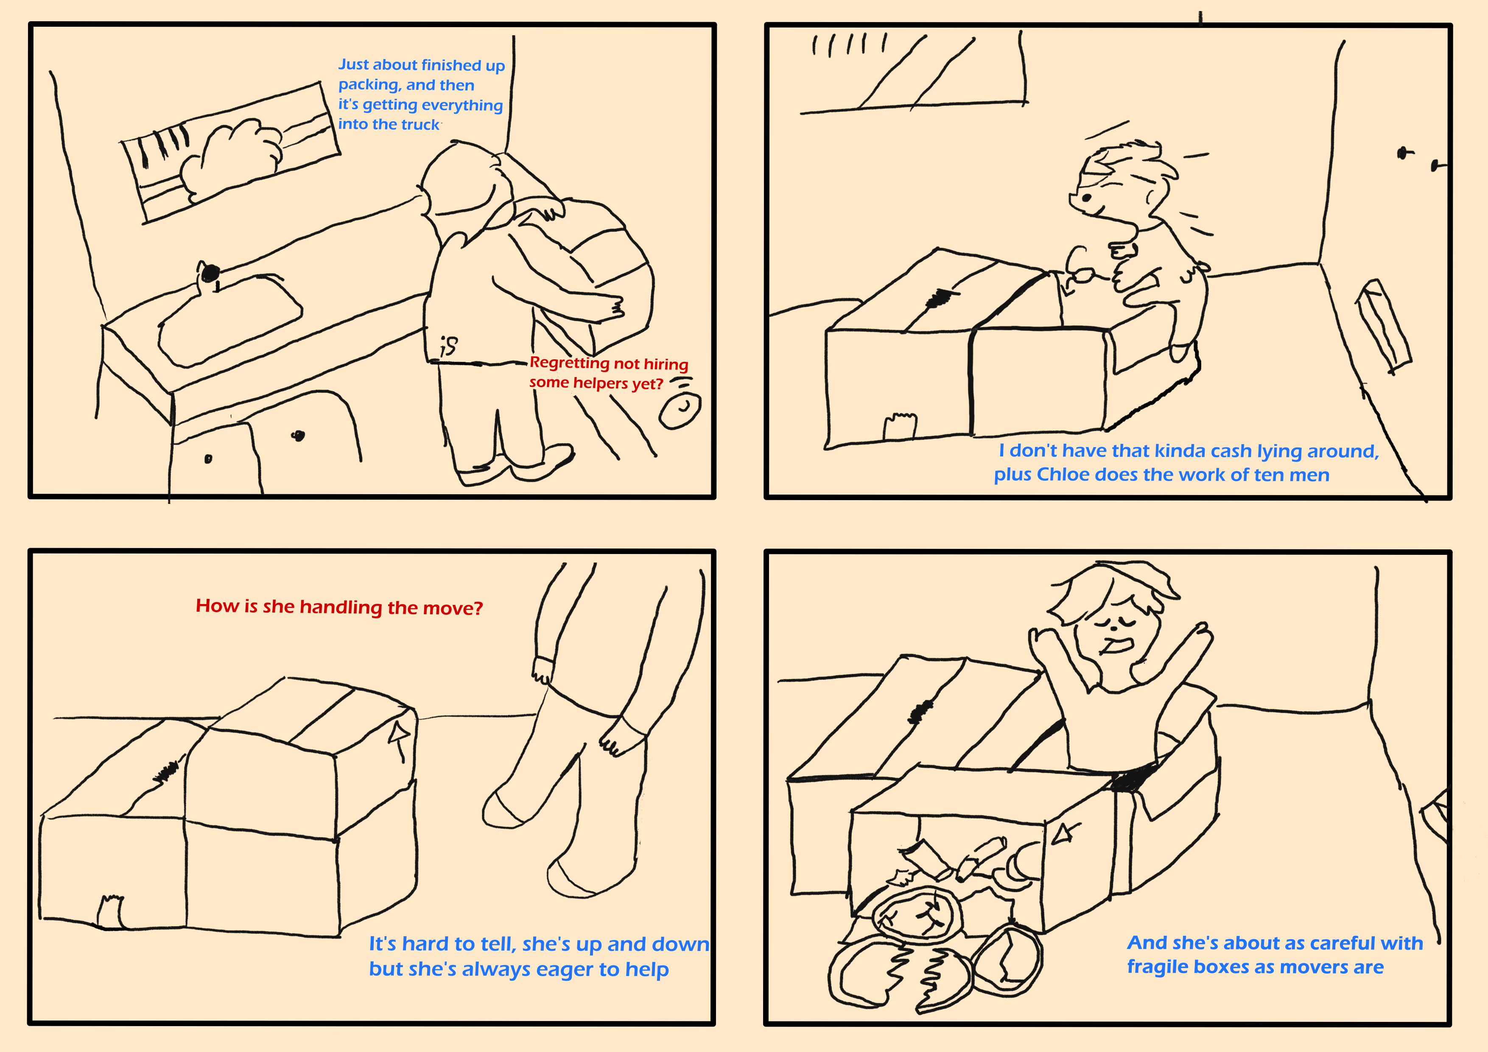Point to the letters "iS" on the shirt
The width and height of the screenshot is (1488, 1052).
(448, 346)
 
